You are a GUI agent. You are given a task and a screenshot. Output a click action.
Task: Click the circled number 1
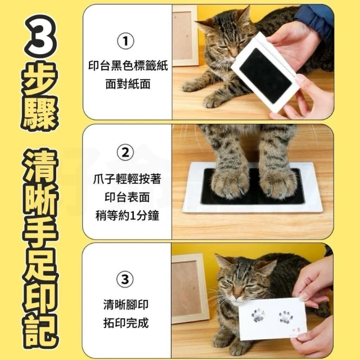125,41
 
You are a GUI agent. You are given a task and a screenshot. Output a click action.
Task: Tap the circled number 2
125,152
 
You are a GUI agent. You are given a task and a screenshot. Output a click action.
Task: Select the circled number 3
125,280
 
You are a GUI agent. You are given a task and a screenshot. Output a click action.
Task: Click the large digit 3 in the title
40,37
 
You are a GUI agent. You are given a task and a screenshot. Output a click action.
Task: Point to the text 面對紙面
128,84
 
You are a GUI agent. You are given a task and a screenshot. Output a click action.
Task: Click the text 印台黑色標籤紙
128,65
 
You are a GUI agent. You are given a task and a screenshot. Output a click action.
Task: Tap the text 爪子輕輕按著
127,179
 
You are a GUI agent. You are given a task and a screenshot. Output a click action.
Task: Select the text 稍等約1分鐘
127,216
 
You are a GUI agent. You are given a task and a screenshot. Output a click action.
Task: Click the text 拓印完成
126,323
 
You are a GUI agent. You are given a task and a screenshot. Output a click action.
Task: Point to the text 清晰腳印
126,304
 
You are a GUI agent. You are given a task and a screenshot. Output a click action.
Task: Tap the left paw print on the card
258,316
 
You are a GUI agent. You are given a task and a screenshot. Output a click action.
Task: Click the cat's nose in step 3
237,294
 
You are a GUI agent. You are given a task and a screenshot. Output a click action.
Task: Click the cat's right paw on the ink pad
278,184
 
